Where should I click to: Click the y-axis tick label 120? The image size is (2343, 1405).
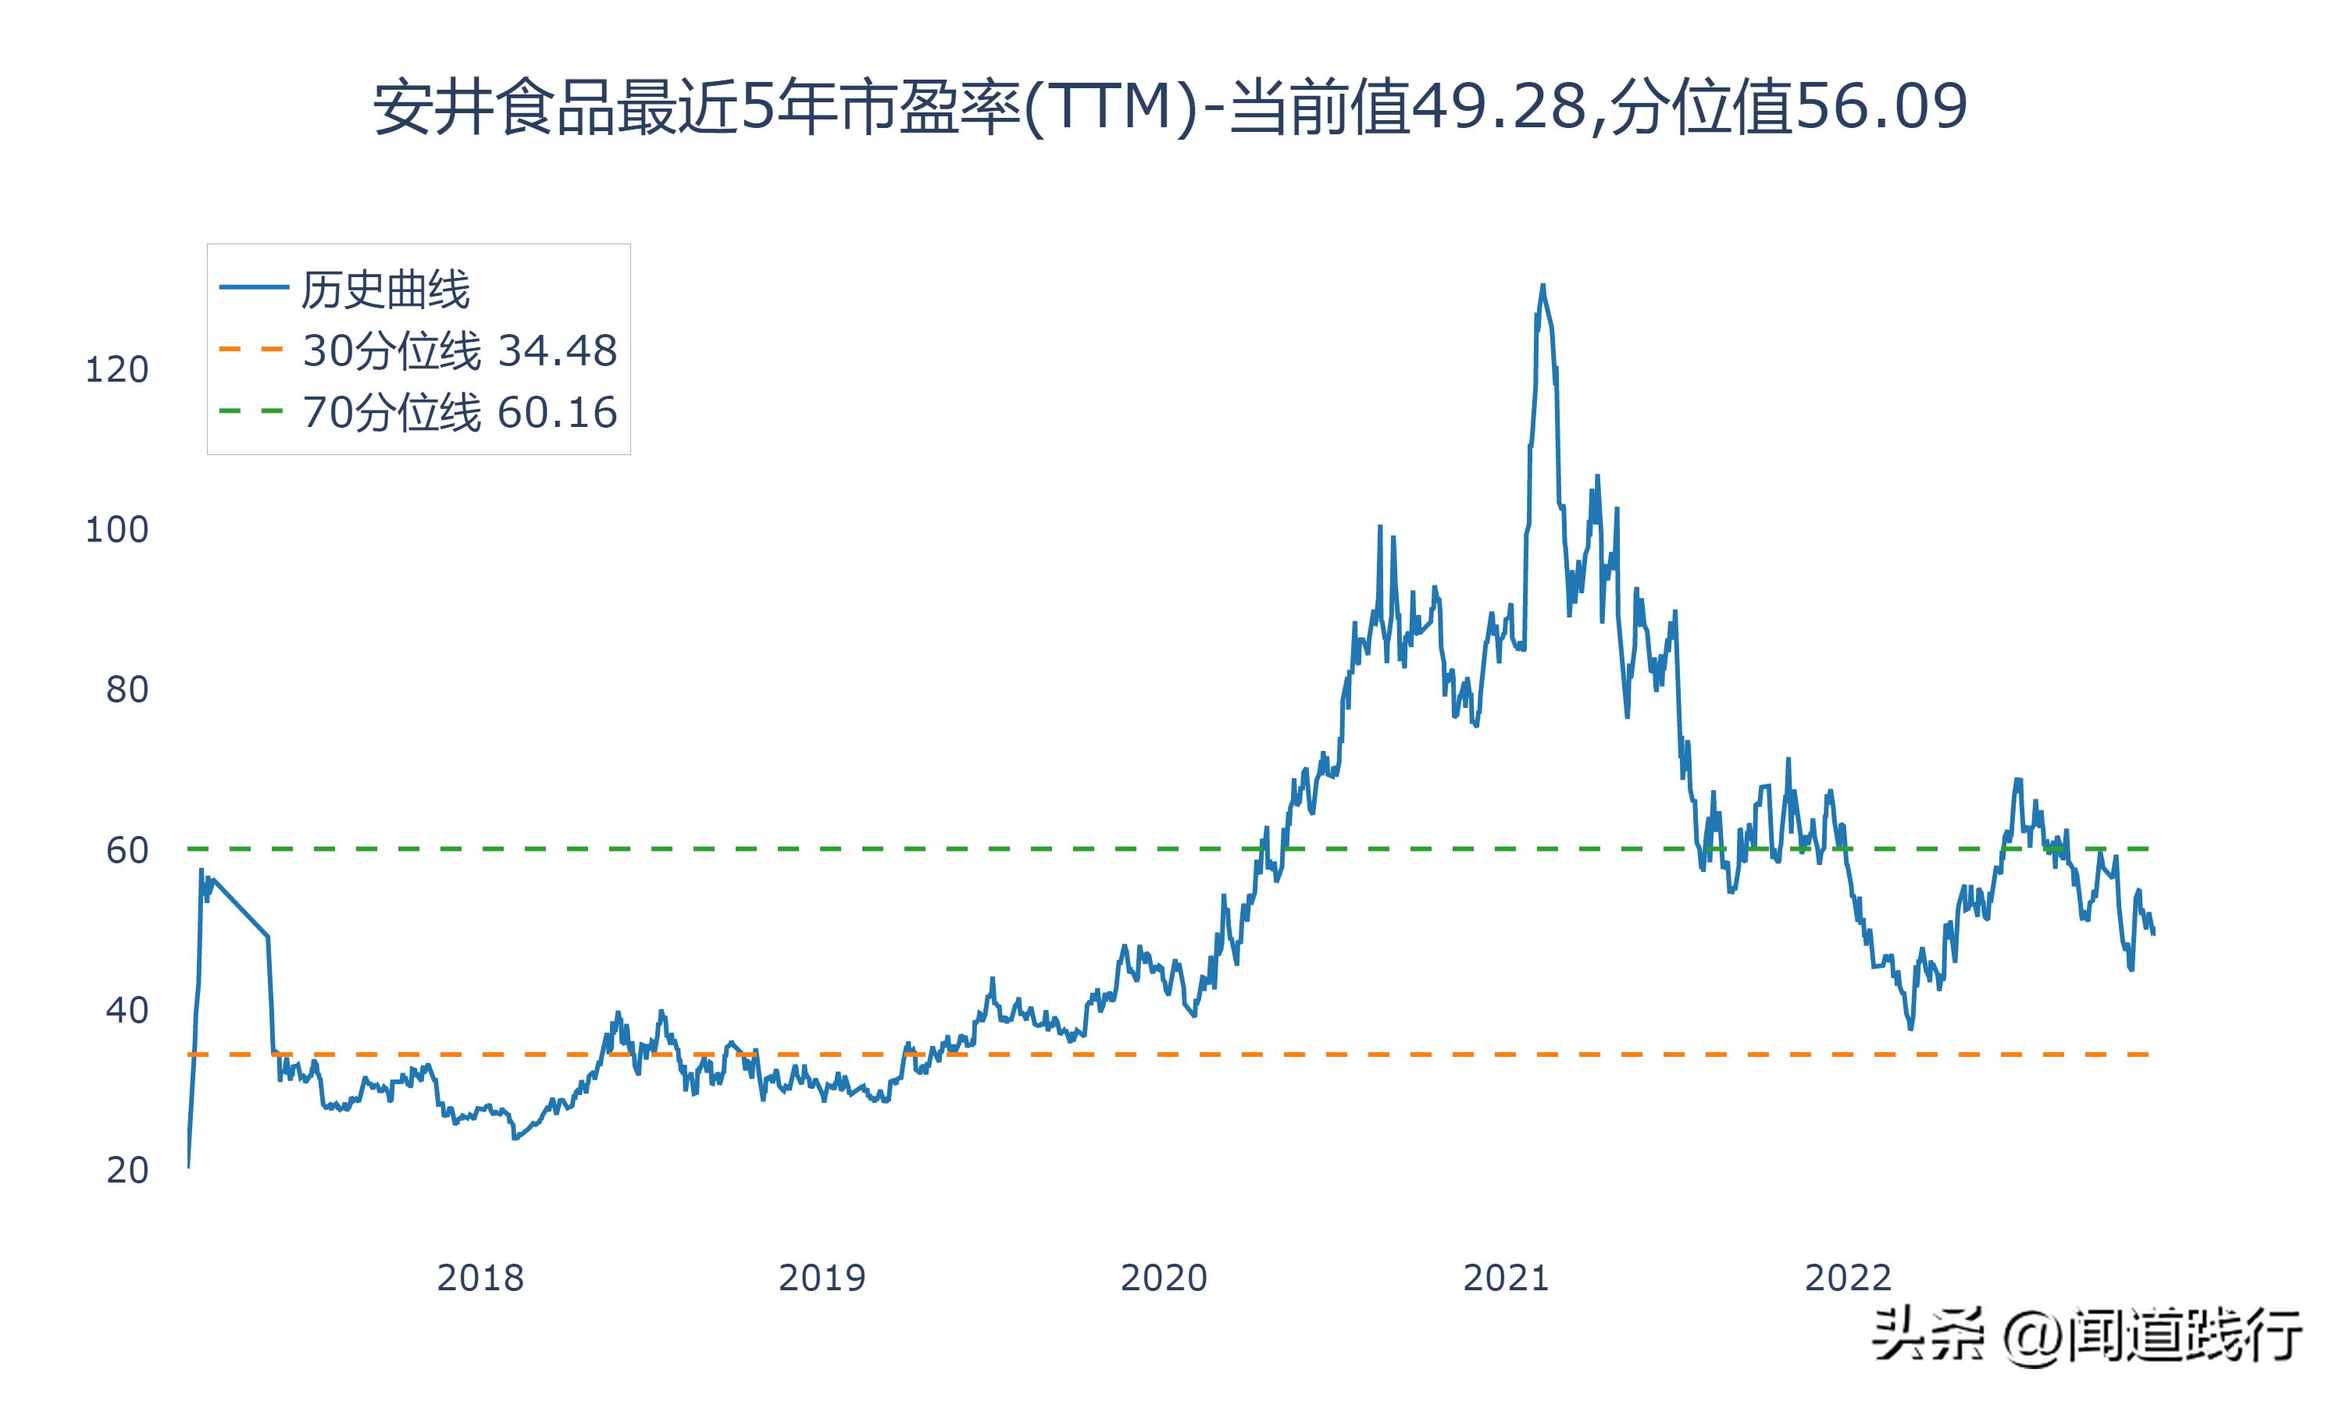[116, 369]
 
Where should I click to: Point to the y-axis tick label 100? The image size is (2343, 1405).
[116, 529]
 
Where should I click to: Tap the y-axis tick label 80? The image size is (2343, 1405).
[127, 689]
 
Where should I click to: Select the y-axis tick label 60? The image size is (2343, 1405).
[127, 850]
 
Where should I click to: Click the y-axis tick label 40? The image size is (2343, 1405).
[127, 1010]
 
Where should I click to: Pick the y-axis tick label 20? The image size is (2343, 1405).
[127, 1170]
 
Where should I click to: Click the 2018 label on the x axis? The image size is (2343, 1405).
[480, 1278]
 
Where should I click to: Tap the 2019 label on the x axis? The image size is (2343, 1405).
[822, 1278]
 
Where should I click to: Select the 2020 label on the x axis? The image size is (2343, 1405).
[1164, 1278]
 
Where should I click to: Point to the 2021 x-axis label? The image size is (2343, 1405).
[1506, 1278]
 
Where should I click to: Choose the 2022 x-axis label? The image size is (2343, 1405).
[1848, 1278]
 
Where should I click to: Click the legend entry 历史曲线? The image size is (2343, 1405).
[384, 290]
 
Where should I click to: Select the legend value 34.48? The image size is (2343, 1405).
[557, 351]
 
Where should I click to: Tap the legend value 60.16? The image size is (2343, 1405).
[557, 413]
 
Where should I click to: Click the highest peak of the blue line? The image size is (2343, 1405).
[1542, 284]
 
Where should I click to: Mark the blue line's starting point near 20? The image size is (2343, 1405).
[188, 1166]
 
